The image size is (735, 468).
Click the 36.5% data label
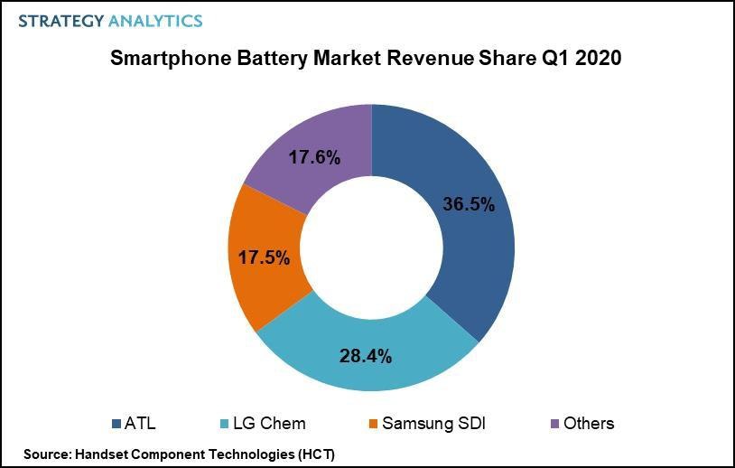click(469, 205)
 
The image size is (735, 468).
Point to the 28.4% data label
click(365, 356)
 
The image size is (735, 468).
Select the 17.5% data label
click(264, 257)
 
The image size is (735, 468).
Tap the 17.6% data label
click(314, 158)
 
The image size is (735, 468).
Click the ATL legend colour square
click(116, 423)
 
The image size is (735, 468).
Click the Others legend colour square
click(554, 423)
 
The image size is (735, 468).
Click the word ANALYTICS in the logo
click(155, 21)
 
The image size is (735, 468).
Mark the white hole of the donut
click(371, 248)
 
